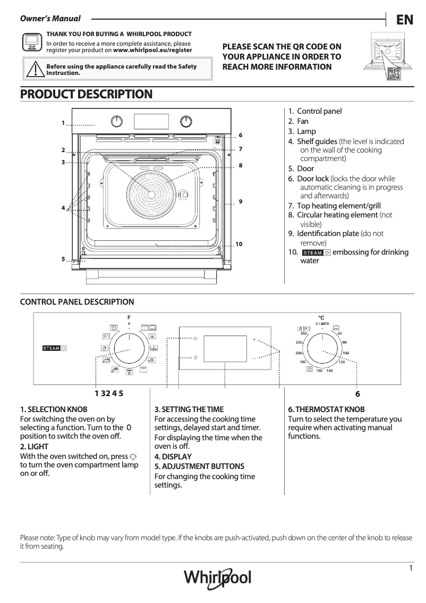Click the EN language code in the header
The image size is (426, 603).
tap(404, 20)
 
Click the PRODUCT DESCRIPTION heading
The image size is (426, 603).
tap(86, 95)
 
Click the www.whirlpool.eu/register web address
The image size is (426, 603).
tap(153, 50)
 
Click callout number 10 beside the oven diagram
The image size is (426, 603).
tap(238, 244)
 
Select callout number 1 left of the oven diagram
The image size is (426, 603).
tap(63, 123)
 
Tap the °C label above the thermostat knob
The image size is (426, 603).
tap(321, 317)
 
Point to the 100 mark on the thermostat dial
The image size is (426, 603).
tap(345, 354)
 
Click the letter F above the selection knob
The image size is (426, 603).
tap(129, 317)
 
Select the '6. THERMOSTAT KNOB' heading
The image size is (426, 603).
tap(326, 409)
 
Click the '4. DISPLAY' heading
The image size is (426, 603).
tap(173, 456)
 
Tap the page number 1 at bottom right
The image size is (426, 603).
tap(411, 568)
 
